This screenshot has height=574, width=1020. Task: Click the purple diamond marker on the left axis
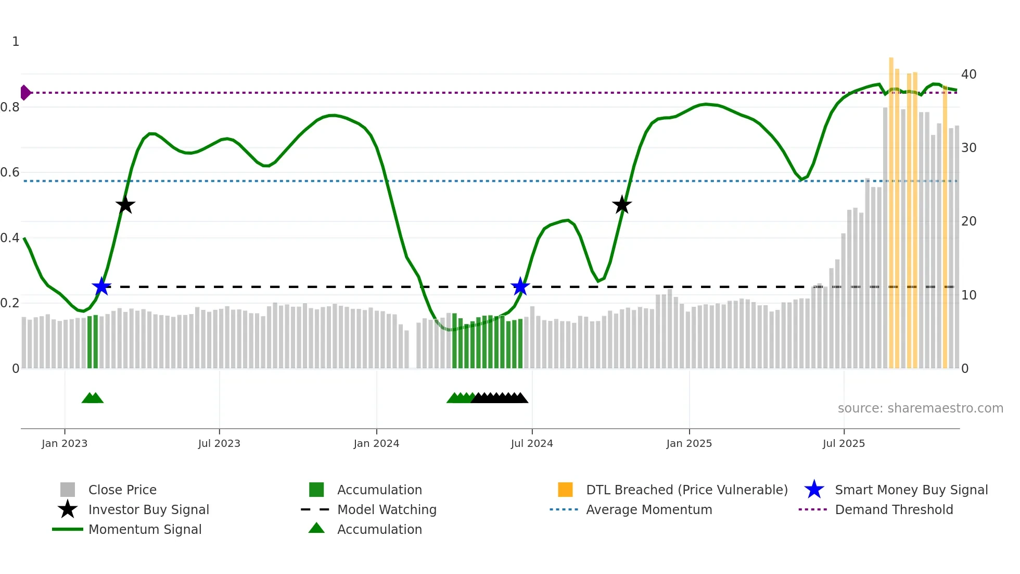(25, 93)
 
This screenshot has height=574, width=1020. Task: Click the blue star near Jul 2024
(520, 286)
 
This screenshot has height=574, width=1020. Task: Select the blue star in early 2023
(101, 286)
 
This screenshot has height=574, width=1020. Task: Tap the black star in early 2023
(125, 205)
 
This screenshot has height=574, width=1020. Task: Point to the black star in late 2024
(622, 205)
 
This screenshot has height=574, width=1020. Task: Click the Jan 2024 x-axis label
(376, 444)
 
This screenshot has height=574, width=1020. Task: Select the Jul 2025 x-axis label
(844, 444)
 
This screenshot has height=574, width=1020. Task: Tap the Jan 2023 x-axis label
(65, 444)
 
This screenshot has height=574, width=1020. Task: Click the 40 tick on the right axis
(968, 74)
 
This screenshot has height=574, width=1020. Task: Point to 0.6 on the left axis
(10, 172)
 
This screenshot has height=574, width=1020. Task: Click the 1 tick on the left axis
(16, 42)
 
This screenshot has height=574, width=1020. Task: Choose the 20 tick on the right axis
(968, 221)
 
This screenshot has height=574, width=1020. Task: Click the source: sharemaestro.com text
(920, 408)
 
